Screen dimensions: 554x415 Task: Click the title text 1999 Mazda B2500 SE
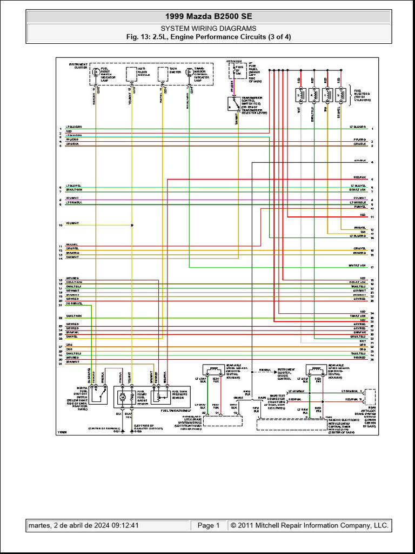(x=208, y=16)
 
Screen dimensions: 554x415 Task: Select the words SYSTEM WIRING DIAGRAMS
(x=208, y=29)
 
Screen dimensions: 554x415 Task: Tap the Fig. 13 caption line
(x=208, y=37)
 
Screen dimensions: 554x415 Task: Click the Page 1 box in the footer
(x=208, y=525)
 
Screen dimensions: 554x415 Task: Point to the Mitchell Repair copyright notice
(x=309, y=525)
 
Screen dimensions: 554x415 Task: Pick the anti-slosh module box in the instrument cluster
(x=131, y=74)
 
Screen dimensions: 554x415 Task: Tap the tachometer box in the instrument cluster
(x=162, y=74)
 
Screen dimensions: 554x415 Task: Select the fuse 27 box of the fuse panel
(x=235, y=70)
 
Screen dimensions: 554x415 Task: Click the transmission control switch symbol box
(x=234, y=103)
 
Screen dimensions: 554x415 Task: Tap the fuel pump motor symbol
(x=123, y=397)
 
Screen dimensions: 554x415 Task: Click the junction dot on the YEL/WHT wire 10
(x=132, y=225)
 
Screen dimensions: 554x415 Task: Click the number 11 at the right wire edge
(x=372, y=217)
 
